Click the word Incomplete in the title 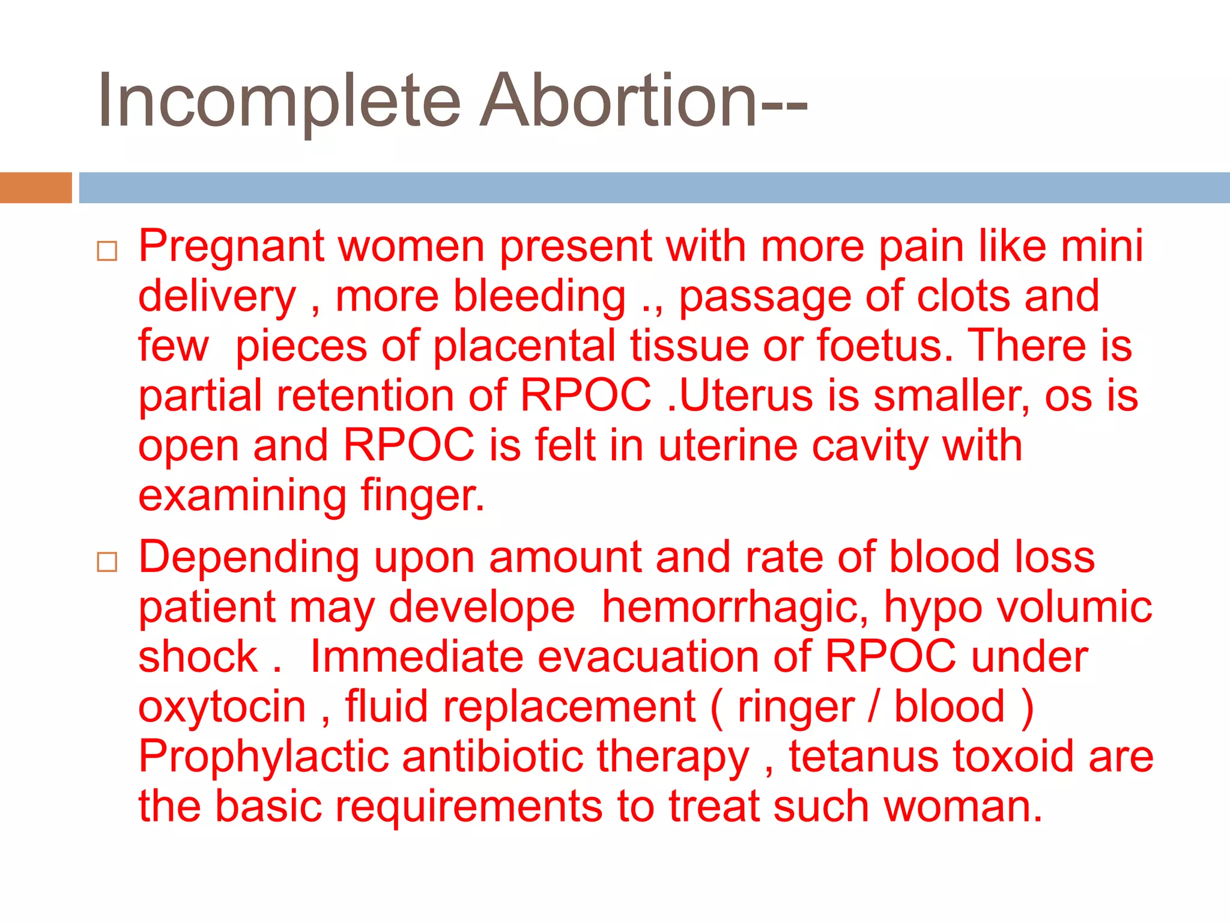click(x=279, y=101)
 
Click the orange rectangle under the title click(x=35, y=187)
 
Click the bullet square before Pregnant click(x=107, y=251)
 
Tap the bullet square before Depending click(x=107, y=562)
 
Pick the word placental click(x=524, y=347)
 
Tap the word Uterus click(x=745, y=397)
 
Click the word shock click(x=198, y=657)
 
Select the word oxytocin click(x=222, y=707)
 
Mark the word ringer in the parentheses click(x=795, y=707)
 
